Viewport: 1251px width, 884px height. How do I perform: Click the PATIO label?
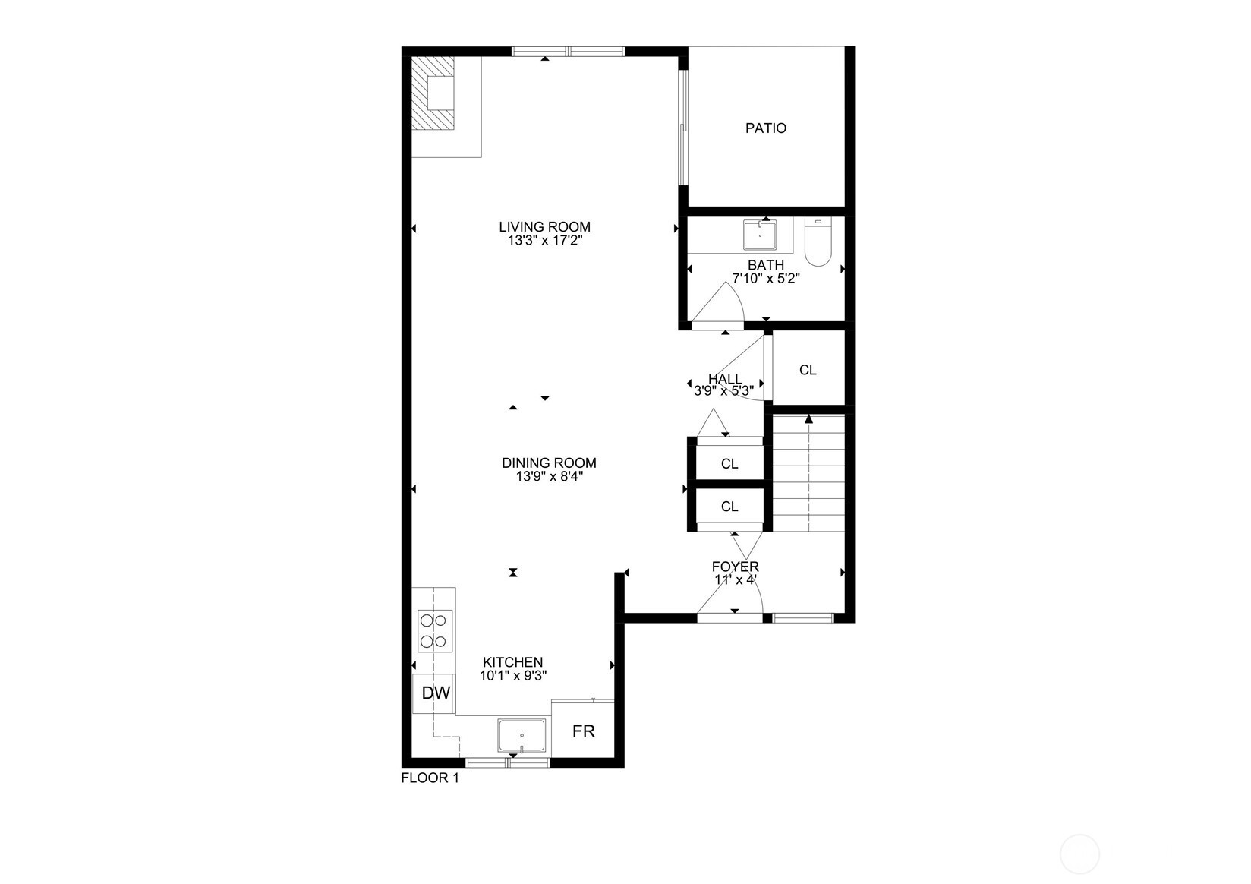click(765, 128)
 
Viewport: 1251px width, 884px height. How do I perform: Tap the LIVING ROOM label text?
click(544, 226)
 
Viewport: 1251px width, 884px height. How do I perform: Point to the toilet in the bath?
click(818, 242)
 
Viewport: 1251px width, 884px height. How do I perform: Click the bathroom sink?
click(760, 235)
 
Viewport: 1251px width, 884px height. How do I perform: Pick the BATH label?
click(765, 265)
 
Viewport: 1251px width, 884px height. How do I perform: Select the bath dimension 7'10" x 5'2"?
click(765, 279)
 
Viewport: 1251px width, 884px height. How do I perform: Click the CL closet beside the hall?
click(808, 370)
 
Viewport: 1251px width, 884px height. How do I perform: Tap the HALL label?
click(725, 379)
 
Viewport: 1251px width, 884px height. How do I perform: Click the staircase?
click(808, 472)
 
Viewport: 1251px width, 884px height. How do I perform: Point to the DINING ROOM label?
click(549, 463)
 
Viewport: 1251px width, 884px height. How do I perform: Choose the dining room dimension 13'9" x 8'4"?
click(549, 477)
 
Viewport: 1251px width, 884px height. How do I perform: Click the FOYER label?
click(735, 567)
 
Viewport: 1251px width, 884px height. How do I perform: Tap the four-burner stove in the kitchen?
click(435, 631)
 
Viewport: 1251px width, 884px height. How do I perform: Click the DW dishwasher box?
click(436, 693)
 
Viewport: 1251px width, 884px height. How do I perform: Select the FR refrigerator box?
click(583, 731)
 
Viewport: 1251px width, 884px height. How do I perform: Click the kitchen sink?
click(522, 736)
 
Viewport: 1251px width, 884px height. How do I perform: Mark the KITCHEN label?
click(513, 662)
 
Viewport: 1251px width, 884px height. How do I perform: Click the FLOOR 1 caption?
click(430, 778)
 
